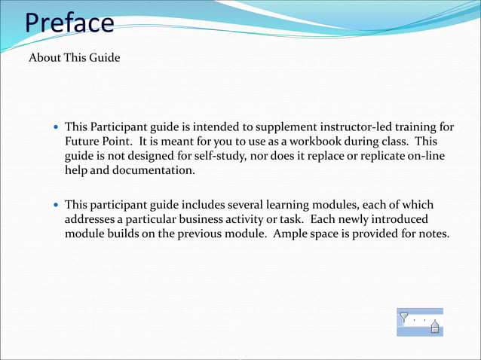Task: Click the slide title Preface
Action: (69, 23)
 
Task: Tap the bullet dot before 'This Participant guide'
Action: (55, 127)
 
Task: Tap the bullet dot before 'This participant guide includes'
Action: (55, 205)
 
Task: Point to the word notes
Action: (434, 233)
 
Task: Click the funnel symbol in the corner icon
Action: (405, 317)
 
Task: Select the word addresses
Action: (90, 219)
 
